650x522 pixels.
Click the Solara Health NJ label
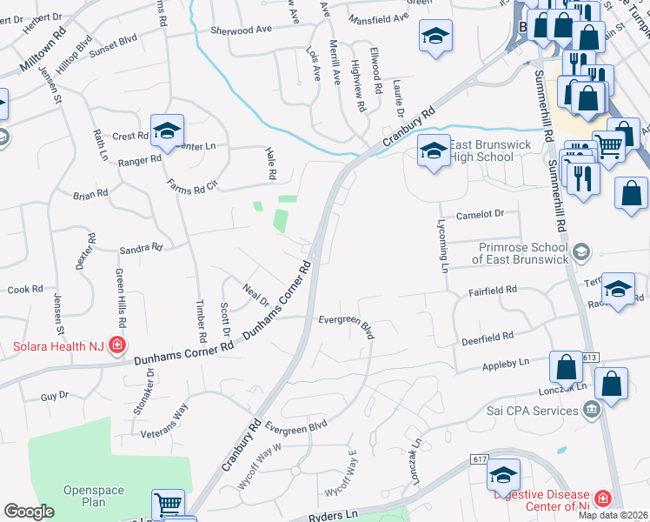58,346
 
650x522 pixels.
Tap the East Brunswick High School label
483,151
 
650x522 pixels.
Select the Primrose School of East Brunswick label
520,252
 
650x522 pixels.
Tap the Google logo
29,512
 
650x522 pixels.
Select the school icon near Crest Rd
166,131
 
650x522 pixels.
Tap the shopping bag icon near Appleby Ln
566,369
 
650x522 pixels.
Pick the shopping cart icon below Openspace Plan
167,505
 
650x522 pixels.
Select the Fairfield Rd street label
494,289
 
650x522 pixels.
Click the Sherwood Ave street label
242,30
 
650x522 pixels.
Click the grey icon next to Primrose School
581,252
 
